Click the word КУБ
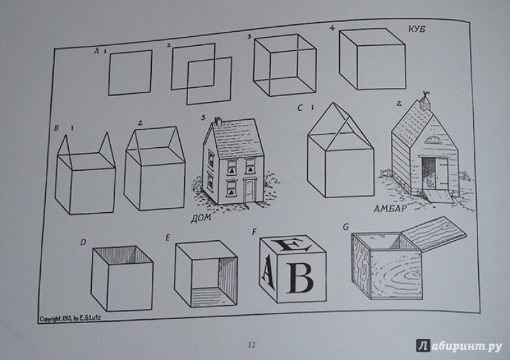click(417, 29)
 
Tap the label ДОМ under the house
click(201, 217)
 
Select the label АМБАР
click(390, 208)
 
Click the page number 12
click(251, 345)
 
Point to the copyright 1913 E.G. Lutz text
click(70, 319)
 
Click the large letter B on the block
click(300, 277)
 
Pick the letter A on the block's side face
click(267, 269)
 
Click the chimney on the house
click(217, 122)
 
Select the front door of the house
click(251, 191)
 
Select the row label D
click(84, 243)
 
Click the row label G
click(346, 227)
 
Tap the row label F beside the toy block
click(254, 232)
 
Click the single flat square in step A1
click(130, 73)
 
